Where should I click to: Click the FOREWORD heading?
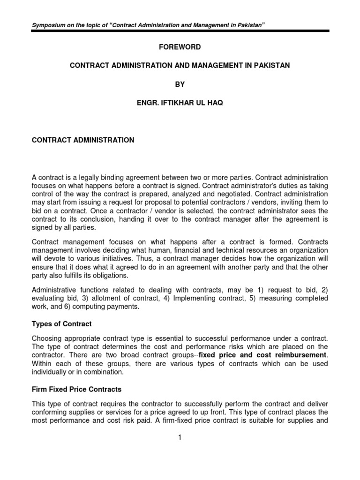click(180, 47)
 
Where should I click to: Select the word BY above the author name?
click(180, 84)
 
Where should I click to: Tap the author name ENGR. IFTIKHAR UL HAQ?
click(180, 103)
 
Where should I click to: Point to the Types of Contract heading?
click(61, 324)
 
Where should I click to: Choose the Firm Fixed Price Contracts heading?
click(76, 390)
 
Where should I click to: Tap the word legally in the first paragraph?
click(90, 177)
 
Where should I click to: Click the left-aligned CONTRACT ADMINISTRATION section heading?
click(82, 140)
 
